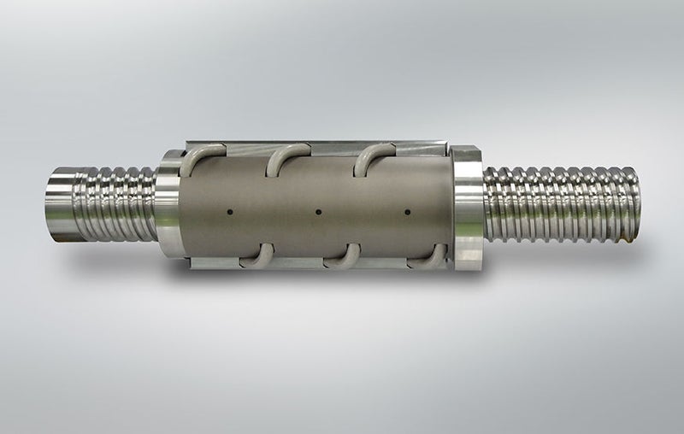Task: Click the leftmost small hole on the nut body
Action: [229, 211]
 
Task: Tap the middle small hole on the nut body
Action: [318, 211]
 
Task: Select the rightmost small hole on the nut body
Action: [406, 211]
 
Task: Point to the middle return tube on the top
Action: [287, 153]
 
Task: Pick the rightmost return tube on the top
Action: [373, 153]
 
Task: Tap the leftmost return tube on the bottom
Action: [257, 255]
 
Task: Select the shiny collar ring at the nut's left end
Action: [168, 205]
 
